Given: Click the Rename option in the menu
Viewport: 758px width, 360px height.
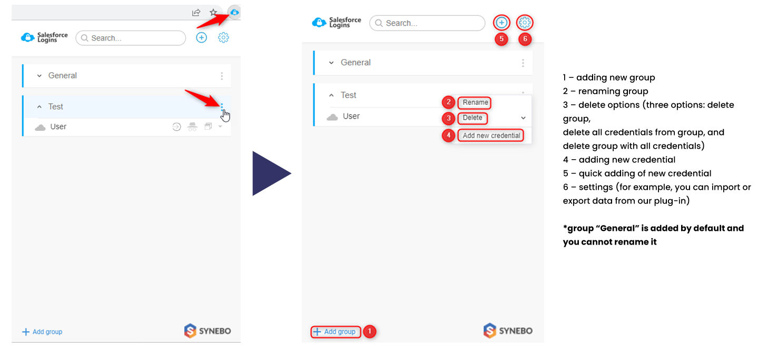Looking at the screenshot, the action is [475, 102].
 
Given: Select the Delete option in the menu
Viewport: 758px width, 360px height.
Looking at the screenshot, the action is [472, 118].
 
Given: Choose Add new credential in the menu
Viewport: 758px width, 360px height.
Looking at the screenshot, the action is [491, 135].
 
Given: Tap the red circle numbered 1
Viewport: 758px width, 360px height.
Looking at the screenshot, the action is [370, 331].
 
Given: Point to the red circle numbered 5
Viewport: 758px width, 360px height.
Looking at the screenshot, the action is [501, 39].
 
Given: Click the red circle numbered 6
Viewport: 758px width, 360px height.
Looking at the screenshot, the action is [525, 39].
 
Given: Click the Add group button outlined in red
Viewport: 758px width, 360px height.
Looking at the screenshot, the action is [336, 332].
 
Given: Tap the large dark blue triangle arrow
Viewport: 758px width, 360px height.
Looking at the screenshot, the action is [271, 173].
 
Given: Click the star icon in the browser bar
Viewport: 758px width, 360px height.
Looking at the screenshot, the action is [213, 13].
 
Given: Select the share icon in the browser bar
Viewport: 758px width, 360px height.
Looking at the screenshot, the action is [196, 13].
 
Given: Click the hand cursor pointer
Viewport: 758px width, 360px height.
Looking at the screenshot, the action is [225, 115].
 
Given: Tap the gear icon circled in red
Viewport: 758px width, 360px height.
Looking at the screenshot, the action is [525, 23].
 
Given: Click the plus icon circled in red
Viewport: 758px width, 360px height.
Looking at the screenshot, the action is [501, 23].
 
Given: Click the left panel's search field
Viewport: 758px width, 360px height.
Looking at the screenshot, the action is [131, 38].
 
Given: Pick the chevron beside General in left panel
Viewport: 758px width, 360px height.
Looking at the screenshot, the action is [40, 75].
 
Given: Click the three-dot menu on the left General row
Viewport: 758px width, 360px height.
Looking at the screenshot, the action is [222, 76].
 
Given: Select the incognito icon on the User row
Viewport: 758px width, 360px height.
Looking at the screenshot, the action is [193, 127].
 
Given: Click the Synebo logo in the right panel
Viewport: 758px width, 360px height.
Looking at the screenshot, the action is [508, 330].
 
